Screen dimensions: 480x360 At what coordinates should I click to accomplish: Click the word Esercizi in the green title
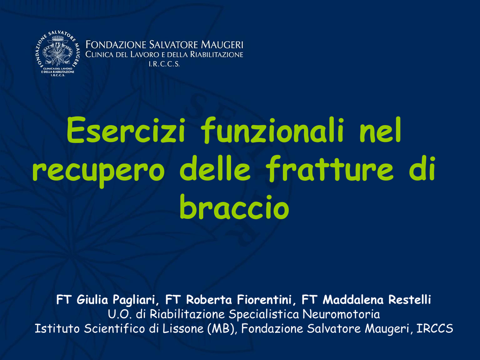coord(126,130)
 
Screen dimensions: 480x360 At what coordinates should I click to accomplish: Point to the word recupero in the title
coord(98,170)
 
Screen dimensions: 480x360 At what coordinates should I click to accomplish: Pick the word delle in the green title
coord(215,168)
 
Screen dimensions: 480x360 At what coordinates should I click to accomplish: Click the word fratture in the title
coord(330,168)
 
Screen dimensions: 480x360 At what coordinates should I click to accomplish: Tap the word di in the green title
coord(422,168)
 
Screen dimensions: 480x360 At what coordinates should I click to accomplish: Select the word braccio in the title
coord(234,207)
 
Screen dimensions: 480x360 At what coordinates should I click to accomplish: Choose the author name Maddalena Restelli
coord(377,300)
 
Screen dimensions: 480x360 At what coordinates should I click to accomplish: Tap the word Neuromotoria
coord(341,315)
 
